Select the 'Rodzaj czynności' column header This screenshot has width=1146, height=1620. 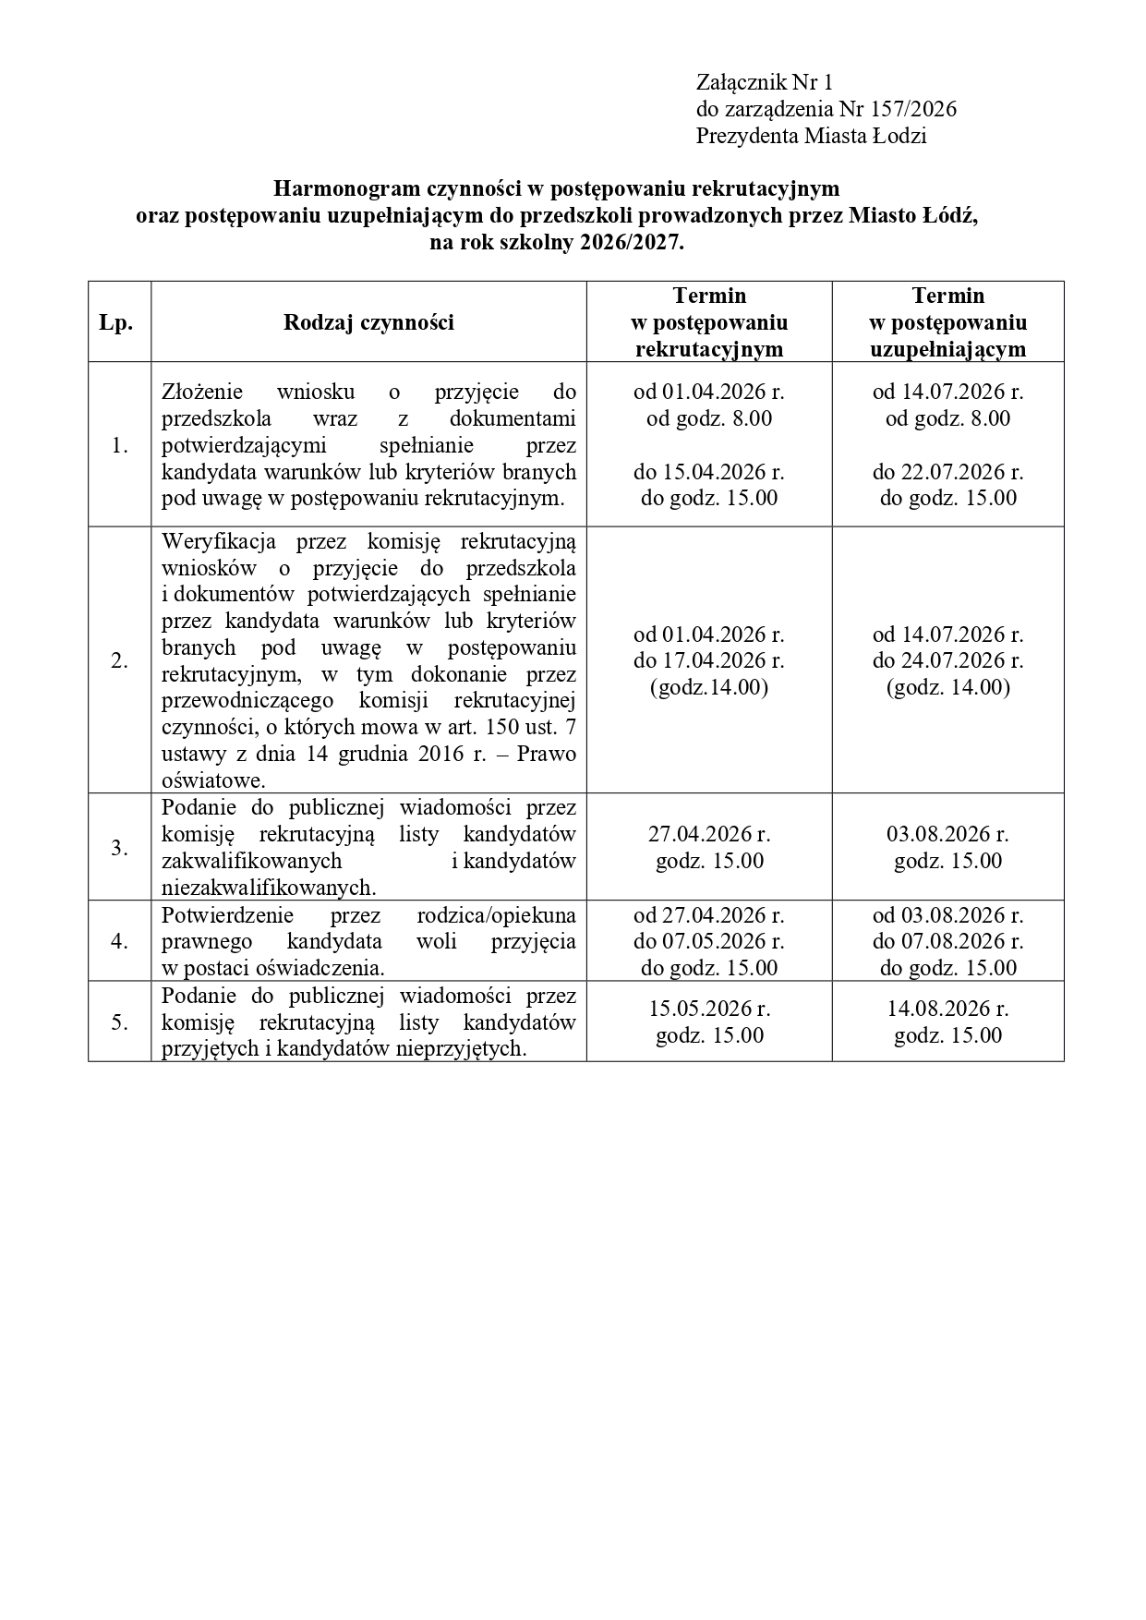click(x=368, y=322)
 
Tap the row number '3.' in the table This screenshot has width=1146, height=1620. click(x=119, y=848)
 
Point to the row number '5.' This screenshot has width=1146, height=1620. click(x=119, y=1022)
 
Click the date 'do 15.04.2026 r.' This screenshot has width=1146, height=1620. click(x=708, y=472)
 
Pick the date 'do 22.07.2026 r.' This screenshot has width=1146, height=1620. click(x=947, y=472)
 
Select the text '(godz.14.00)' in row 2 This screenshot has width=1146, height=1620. click(x=709, y=687)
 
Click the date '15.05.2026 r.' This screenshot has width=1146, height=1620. click(x=709, y=1009)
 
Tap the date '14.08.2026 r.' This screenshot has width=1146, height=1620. click(x=947, y=1009)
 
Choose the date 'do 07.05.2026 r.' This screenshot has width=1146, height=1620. click(x=708, y=941)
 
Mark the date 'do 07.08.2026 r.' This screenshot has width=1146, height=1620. click(x=947, y=941)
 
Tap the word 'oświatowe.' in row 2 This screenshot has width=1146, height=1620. click(x=213, y=780)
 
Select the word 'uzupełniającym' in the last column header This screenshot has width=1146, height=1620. click(x=947, y=349)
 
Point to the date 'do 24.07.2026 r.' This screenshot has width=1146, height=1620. click(x=947, y=660)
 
